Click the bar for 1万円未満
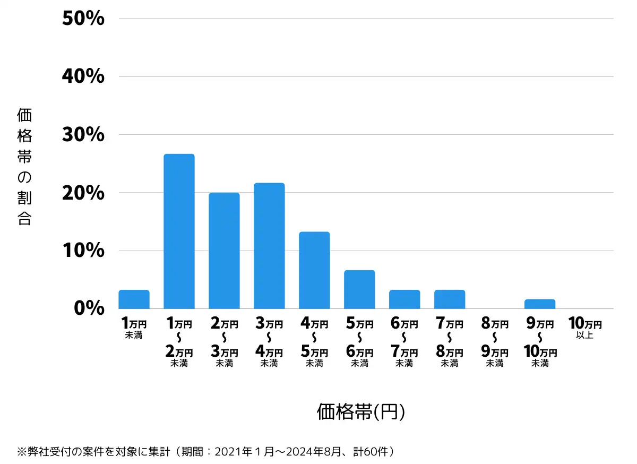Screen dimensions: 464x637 [x=134, y=299]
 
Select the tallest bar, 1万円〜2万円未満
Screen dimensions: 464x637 [x=179, y=231]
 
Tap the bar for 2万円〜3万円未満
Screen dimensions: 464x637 [x=224, y=251]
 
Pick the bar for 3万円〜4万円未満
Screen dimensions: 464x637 [x=269, y=246]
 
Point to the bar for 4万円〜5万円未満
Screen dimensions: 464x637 [x=314, y=270]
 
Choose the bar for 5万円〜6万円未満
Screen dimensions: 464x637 [x=359, y=289]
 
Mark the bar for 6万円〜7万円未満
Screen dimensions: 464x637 [x=404, y=299]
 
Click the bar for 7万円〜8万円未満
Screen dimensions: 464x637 [x=450, y=299]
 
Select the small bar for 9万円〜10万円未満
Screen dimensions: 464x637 [x=540, y=304]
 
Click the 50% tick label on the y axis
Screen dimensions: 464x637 [x=83, y=19]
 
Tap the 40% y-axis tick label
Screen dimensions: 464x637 [x=83, y=77]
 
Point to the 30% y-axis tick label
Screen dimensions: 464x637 [x=83, y=135]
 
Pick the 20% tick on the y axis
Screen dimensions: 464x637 [x=83, y=193]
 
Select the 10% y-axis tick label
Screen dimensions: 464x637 [x=83, y=251]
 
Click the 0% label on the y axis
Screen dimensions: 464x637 [x=89, y=308]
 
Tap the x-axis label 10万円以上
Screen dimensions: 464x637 [x=585, y=328]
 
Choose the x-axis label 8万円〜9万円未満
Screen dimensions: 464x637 [x=495, y=343]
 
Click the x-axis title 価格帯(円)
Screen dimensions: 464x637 [x=361, y=411]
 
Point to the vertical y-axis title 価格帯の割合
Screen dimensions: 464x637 [x=24, y=167]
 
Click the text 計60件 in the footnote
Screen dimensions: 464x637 [x=372, y=452]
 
